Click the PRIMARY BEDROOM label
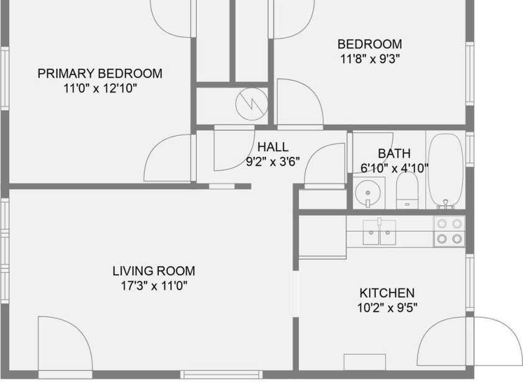[100, 74]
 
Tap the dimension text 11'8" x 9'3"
[370, 59]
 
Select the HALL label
[273, 147]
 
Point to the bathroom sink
[368, 193]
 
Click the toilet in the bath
[407, 190]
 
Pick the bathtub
[445, 171]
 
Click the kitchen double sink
[379, 232]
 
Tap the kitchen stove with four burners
[449, 231]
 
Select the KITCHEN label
[387, 293]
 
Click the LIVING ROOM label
[154, 271]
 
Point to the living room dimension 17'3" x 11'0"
[154, 286]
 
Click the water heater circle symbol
[251, 104]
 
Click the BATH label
[394, 154]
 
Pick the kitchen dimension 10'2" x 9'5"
[387, 307]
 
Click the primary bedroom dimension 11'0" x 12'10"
[100, 88]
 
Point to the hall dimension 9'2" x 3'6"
[273, 162]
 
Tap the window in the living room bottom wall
[221, 375]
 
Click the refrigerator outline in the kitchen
[323, 237]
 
